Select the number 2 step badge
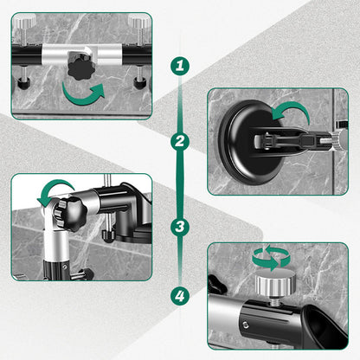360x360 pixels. [180, 141]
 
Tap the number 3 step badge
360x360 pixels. [180, 227]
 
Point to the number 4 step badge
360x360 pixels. [180, 297]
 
